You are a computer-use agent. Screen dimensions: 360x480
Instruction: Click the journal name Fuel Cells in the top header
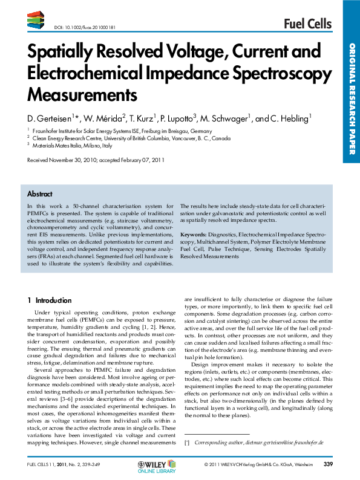coord(307,24)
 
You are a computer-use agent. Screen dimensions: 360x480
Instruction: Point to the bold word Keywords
coord(194,233)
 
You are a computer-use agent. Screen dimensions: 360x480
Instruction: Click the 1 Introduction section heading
coord(50,300)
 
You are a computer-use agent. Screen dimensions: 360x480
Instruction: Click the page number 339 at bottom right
coord(329,464)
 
